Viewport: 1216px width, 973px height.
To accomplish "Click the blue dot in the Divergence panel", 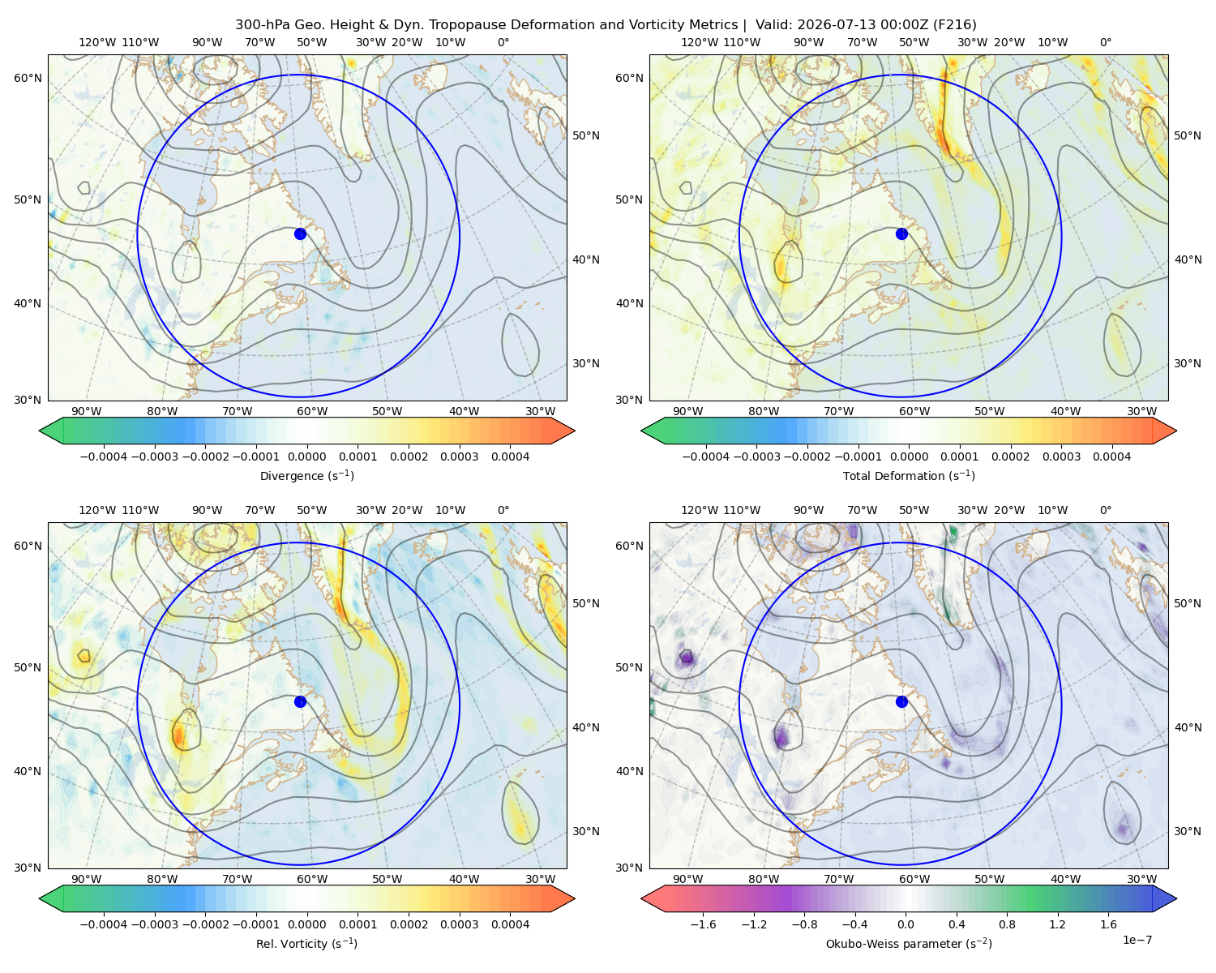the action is click(300, 234).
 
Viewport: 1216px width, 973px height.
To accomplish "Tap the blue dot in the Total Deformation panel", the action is click(901, 234).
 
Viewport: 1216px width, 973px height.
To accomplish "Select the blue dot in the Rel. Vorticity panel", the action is click(300, 701).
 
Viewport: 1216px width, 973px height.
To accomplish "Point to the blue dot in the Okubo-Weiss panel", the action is click(901, 701).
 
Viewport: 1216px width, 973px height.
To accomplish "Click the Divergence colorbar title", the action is click(306, 476).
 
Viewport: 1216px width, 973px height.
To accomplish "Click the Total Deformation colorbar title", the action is click(909, 476).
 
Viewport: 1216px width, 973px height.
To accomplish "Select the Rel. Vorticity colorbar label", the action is click(306, 944).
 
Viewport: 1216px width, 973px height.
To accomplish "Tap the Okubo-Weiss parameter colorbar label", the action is click(909, 944).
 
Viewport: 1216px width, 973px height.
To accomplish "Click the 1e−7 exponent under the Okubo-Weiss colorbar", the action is click(1137, 941).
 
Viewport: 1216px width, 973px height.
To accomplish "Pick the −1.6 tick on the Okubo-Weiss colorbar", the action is click(703, 924).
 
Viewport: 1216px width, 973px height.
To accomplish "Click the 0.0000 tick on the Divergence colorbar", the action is click(306, 456).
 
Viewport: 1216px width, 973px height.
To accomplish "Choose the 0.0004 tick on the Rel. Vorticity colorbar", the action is click(510, 924).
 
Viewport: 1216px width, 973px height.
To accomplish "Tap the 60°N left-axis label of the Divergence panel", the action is click(28, 78).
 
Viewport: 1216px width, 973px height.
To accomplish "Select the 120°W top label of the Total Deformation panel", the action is click(699, 42).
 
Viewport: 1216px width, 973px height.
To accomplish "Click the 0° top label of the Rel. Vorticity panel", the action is click(503, 510).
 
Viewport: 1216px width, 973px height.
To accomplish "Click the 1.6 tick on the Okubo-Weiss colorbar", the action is click(1109, 924).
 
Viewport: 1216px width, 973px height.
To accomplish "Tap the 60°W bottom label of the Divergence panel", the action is click(312, 412).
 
